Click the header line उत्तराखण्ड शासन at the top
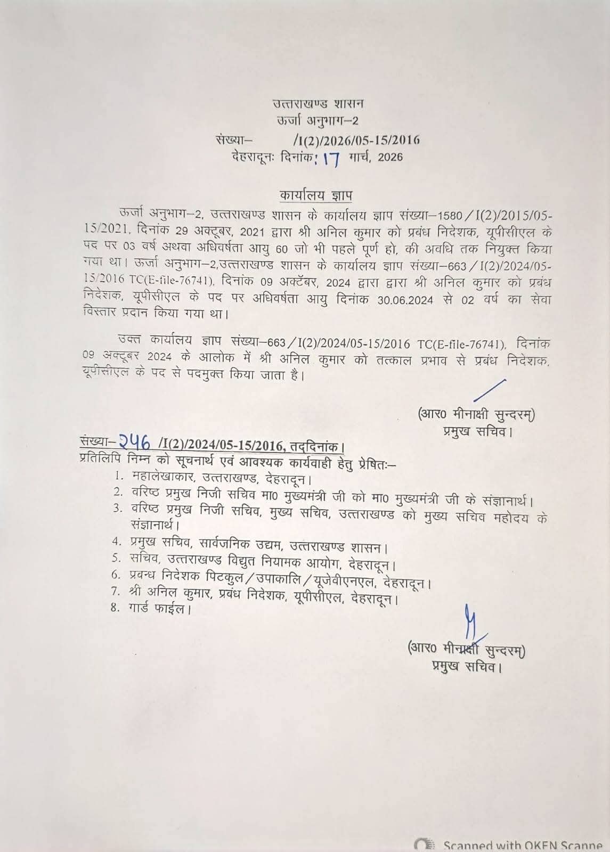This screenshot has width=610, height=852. pyautogui.click(x=318, y=103)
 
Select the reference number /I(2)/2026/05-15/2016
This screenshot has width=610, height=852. pyautogui.click(x=356, y=140)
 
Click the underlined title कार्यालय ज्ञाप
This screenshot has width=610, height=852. pyautogui.click(x=315, y=195)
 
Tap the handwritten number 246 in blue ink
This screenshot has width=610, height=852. pyautogui.click(x=134, y=440)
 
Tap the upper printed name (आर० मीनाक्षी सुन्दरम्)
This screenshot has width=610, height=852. pyautogui.click(x=477, y=413)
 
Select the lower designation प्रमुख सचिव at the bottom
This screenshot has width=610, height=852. pyautogui.click(x=467, y=666)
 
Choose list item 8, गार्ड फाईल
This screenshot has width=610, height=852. pyautogui.click(x=159, y=608)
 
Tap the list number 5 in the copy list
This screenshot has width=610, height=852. pyautogui.click(x=117, y=558)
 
